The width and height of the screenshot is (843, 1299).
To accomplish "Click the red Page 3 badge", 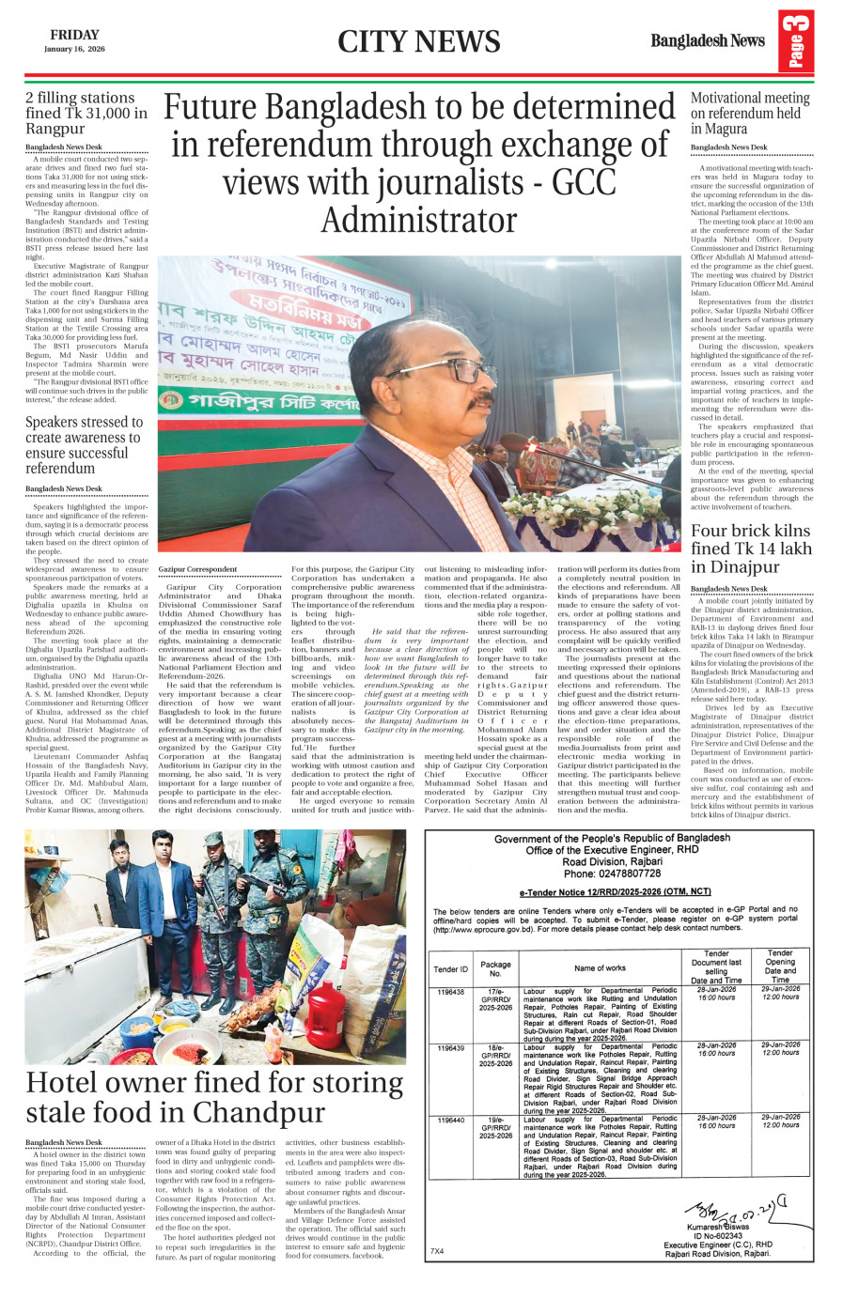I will [795, 41].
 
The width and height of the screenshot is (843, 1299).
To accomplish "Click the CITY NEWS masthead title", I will [419, 42].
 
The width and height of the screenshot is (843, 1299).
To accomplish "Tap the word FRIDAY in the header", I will [74, 35].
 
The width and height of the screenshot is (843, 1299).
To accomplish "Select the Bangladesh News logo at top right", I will [708, 41].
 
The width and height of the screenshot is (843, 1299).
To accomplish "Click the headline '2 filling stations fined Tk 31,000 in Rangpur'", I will [86, 113].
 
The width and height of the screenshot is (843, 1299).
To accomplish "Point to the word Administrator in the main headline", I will [419, 220].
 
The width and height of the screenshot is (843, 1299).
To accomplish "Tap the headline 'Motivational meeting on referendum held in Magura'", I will [750, 113].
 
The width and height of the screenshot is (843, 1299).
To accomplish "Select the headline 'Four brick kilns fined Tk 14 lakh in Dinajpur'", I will [751, 549].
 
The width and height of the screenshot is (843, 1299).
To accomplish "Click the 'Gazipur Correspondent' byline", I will [197, 569].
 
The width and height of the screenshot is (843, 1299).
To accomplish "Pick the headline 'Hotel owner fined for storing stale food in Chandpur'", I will [214, 1097].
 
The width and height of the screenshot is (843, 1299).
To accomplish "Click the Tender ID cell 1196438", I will [450, 992].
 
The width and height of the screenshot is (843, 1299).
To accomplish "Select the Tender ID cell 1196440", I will [450, 1121].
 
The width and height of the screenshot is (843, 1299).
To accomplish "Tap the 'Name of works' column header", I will [600, 967].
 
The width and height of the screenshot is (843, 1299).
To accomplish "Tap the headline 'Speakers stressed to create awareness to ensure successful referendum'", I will [83, 445].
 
